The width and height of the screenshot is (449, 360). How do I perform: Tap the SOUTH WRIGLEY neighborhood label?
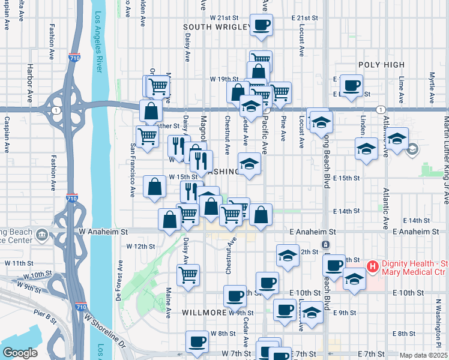(x=217, y=27)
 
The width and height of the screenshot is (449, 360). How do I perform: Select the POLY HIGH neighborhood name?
(x=381, y=65)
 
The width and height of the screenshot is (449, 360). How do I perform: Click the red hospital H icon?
(x=372, y=266)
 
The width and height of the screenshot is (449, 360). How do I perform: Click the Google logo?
(x=20, y=352)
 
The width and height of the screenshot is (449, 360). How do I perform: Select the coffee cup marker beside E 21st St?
(x=261, y=26)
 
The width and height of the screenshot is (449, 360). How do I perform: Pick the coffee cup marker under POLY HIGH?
(x=352, y=86)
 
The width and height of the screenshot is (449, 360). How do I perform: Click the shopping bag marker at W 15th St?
(x=155, y=186)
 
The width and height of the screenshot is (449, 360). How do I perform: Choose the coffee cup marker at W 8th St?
(x=197, y=342)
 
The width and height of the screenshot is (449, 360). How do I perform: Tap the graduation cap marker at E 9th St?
(x=312, y=313)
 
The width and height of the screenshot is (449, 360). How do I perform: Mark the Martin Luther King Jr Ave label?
(x=445, y=144)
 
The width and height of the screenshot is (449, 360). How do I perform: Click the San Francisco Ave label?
(x=133, y=171)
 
